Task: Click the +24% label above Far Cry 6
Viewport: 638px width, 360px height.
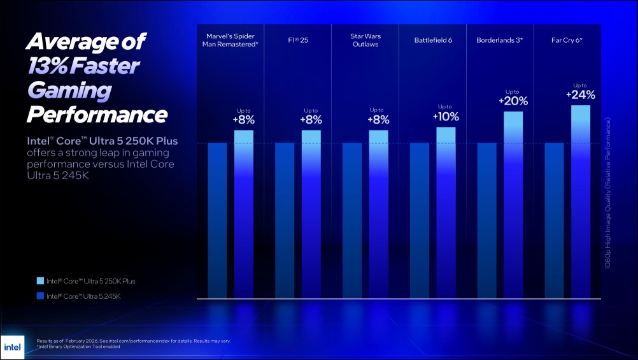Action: (581, 95)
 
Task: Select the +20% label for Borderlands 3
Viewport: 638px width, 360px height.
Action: (513, 101)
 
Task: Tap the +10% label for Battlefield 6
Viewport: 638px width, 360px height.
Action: (446, 117)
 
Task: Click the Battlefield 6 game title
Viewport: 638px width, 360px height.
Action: (433, 41)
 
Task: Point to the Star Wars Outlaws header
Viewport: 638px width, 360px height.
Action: (365, 40)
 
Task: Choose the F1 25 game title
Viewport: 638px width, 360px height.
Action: (297, 41)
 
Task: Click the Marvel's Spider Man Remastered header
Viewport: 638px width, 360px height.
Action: (230, 40)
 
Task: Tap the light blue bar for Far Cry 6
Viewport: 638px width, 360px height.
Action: (581, 201)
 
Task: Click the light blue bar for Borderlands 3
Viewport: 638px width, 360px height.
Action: (513, 205)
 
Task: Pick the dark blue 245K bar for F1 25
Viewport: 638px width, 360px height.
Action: (285, 220)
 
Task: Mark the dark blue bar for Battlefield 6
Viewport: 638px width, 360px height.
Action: (420, 220)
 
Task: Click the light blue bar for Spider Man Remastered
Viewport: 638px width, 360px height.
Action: (244, 213)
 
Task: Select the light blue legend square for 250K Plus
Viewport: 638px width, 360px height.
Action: (41, 281)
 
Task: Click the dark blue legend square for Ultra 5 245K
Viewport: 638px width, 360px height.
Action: (41, 296)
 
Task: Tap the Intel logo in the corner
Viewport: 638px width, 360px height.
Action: (12, 347)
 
